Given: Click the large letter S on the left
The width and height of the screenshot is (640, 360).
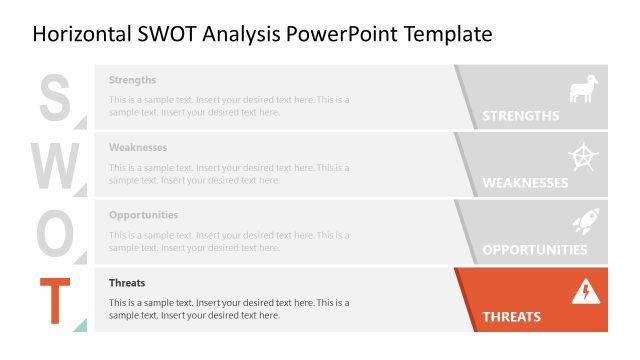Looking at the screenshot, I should (x=54, y=97).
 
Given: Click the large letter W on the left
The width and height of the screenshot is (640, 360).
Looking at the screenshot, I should (x=56, y=165).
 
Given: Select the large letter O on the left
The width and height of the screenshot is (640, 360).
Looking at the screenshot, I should (x=55, y=233).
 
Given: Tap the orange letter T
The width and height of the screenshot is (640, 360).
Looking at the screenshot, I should (x=56, y=300).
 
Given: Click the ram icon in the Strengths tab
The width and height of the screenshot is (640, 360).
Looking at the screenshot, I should (x=583, y=89).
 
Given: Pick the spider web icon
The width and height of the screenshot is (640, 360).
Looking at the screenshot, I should (x=583, y=157).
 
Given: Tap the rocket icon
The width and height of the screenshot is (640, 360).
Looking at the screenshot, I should (x=584, y=223).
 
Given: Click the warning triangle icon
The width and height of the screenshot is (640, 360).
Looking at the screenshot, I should (x=584, y=291).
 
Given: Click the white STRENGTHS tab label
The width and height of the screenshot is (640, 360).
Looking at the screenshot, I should (x=520, y=116).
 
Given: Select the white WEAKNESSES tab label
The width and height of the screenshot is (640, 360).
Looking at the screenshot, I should (x=525, y=183).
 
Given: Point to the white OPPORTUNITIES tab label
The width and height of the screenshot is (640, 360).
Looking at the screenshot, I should (x=534, y=250).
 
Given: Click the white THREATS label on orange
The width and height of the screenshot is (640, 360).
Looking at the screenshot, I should (x=511, y=317).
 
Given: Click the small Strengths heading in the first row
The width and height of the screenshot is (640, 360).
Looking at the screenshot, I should (x=132, y=80).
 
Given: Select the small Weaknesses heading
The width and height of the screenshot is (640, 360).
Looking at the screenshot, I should (x=137, y=147).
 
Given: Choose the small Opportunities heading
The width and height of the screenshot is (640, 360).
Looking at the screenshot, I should (x=143, y=215).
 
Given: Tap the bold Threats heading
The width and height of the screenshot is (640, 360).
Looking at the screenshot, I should (x=127, y=283).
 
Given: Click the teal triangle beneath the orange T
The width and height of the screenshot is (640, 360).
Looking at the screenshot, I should (x=81, y=324).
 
